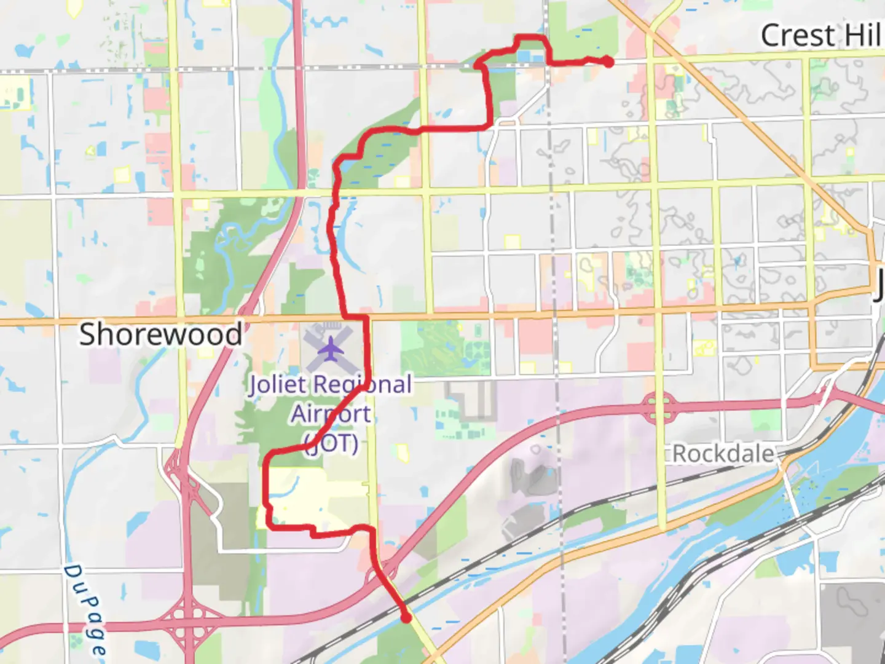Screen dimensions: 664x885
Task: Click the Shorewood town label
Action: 161,335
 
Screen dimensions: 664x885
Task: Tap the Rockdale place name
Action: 723,454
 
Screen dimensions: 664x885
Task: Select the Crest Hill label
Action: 821,36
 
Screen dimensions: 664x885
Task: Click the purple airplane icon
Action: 331,350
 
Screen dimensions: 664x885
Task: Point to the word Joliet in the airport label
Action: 277,385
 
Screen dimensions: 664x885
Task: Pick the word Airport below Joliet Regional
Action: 331,414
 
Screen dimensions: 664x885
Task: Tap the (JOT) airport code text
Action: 332,443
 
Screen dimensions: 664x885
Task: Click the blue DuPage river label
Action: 86,609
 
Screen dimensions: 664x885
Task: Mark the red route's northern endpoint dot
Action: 607,61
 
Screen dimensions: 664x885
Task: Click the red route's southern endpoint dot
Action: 406,618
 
